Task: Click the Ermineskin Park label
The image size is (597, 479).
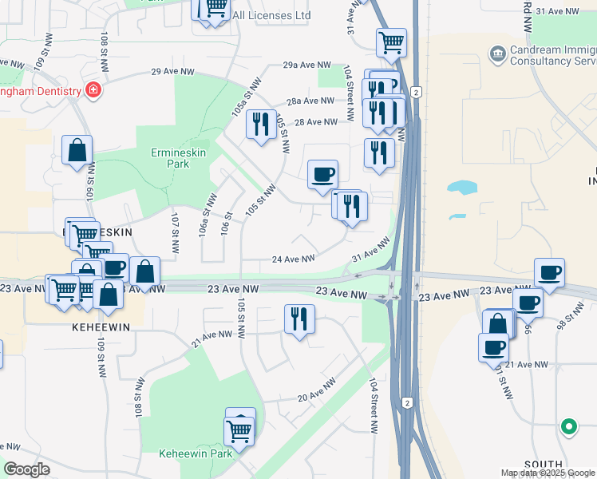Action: (x=170, y=157)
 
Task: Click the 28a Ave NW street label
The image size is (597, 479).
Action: (x=310, y=101)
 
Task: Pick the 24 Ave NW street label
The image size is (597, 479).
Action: (x=293, y=259)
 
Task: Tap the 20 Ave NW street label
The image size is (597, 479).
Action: (x=317, y=394)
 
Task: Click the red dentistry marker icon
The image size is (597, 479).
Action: (x=93, y=89)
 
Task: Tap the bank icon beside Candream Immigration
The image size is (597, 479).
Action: (x=497, y=54)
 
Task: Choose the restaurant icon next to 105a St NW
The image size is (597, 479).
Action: (x=261, y=125)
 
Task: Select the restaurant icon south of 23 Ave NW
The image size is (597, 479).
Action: (x=299, y=319)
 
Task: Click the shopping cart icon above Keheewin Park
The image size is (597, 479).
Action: (x=239, y=431)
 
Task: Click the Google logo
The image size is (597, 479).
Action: (x=27, y=469)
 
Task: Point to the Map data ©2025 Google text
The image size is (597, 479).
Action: (x=547, y=473)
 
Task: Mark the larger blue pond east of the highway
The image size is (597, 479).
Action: (x=462, y=188)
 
